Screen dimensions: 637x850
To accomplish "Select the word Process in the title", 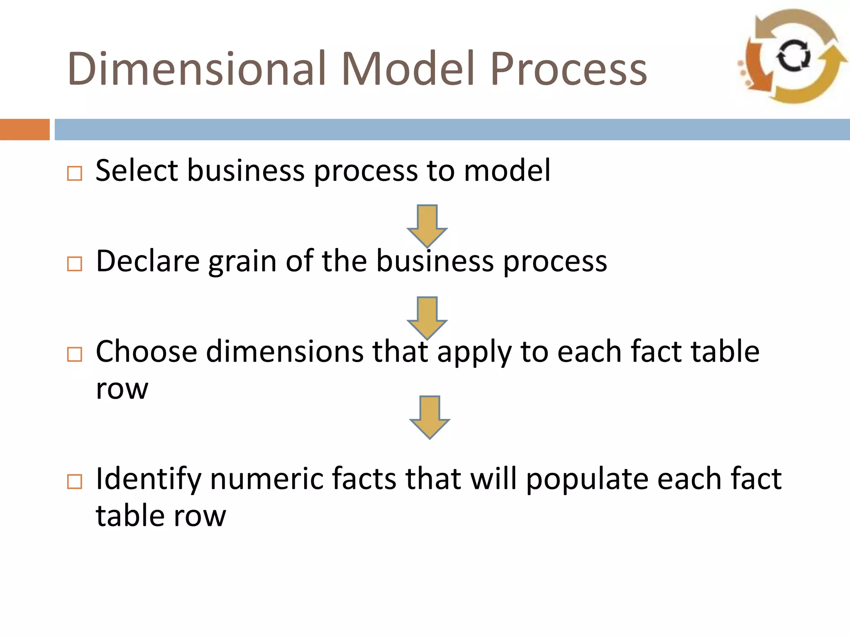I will point(569,68).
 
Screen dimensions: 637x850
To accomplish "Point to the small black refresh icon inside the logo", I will point(794,56).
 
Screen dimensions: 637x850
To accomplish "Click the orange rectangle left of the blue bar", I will point(24,129).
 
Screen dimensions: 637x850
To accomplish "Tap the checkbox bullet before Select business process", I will point(75,173).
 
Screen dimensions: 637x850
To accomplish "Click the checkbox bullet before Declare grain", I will point(75,264).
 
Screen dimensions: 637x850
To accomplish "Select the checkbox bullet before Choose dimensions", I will point(75,355).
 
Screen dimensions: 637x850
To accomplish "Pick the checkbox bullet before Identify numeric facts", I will point(75,482).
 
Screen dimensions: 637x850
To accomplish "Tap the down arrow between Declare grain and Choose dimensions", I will point(427,317).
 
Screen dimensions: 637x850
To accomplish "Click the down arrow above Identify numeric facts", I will point(430,416).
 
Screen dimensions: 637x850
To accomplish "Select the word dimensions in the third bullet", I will point(284,352).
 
